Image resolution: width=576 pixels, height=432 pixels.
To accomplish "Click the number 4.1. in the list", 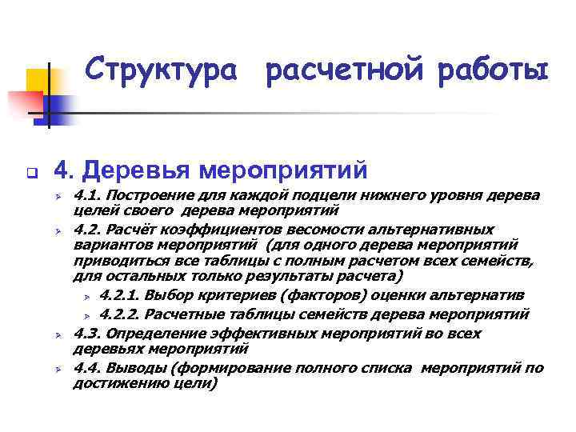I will [87, 196].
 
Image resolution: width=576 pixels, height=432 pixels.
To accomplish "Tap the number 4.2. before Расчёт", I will [87, 229].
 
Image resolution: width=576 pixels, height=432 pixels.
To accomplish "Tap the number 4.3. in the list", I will [87, 333].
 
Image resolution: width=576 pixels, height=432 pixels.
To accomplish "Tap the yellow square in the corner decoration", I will [38, 80].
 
